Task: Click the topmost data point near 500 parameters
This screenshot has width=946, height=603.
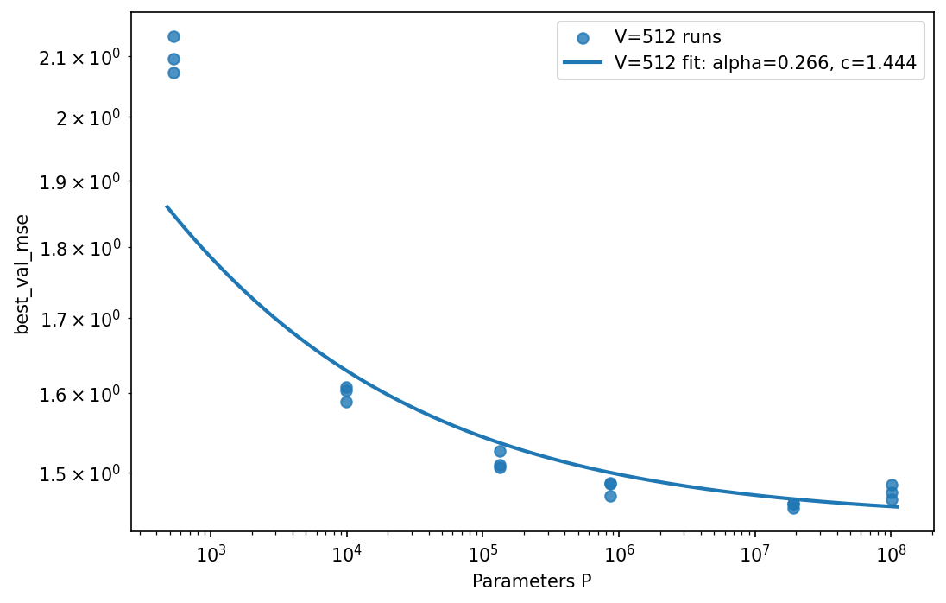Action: pos(173,36)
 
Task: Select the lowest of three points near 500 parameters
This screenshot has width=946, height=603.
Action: pos(173,73)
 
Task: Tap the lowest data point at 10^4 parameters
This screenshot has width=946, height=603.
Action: pos(346,402)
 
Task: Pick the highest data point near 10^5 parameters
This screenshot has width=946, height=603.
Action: pos(500,451)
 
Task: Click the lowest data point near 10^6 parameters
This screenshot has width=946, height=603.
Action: pos(610,496)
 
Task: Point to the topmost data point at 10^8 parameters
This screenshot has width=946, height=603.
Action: pos(892,485)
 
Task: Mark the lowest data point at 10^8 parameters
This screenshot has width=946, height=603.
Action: pos(892,499)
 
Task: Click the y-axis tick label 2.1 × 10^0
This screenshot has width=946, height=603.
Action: pos(84,57)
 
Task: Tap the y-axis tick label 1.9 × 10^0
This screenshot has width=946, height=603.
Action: pos(84,182)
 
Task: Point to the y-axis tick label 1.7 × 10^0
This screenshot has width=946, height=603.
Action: pos(84,320)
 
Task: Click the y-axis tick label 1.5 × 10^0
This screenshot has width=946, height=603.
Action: pos(84,473)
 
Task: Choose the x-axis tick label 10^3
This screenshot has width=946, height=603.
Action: pos(211,555)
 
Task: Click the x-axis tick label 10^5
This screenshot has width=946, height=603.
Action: pos(482,555)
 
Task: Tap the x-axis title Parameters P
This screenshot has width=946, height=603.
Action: pos(532,581)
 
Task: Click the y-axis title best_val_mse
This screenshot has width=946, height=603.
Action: pos(23,274)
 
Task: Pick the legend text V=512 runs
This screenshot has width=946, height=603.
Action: pos(667,37)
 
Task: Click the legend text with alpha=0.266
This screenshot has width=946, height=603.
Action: pos(765,62)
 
